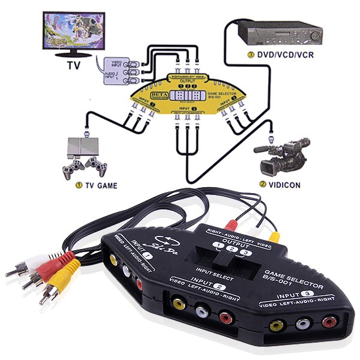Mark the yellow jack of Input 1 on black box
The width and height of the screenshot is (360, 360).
tap(112, 260)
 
